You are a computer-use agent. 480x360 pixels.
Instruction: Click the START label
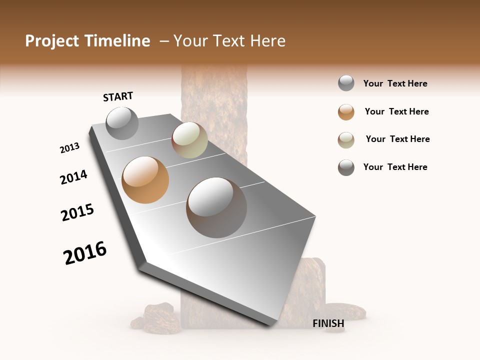pos(118,96)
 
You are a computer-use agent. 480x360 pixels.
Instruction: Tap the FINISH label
pos(328,323)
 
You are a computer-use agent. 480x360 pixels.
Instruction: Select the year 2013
pos(70,148)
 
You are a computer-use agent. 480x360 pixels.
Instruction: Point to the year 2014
pos(73,177)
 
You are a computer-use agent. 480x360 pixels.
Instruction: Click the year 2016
pos(85,253)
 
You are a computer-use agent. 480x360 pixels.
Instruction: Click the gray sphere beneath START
pos(122,123)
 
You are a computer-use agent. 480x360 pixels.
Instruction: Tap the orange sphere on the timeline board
pos(145,180)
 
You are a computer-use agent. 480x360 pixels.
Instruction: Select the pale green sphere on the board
pos(189,140)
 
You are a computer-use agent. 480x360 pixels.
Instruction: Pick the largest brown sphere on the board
pos(216,207)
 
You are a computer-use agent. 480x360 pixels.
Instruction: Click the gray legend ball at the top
pos(346,83)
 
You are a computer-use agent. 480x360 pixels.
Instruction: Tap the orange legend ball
pos(346,112)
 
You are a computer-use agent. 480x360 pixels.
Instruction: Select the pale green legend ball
pos(346,140)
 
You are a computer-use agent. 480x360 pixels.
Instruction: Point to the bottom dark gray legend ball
pos(346,167)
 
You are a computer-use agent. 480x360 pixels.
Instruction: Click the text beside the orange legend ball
pos(396,111)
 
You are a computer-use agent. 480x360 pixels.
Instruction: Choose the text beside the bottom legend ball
pos(395,167)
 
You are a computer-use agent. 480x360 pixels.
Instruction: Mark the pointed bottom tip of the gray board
pos(270,325)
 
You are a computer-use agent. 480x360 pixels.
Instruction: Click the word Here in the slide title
pos(267,41)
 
